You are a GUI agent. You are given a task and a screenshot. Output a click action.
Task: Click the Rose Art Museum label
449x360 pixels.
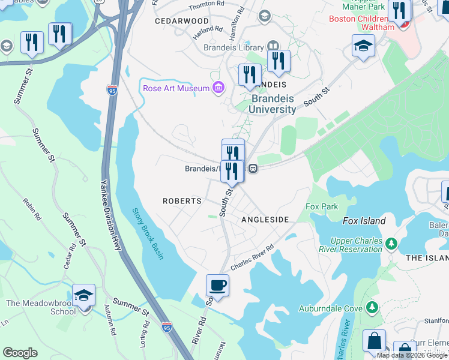[176, 89]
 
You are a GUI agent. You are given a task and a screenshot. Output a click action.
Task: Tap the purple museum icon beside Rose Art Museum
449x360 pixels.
[218, 89]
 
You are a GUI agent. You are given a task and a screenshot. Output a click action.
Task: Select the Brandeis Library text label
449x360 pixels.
[234, 47]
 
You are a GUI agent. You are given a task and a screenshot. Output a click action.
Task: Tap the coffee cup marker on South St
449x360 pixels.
[217, 285]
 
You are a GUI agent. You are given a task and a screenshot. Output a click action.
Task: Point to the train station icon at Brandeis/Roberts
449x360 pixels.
[254, 169]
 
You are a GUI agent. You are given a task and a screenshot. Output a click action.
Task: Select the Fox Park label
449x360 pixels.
[322, 206]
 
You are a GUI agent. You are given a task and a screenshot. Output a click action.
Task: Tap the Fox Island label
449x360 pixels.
[364, 221]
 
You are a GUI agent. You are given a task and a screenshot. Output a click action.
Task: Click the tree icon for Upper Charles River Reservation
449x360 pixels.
[391, 244]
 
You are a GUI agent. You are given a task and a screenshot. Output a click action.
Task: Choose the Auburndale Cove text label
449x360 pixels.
[331, 309]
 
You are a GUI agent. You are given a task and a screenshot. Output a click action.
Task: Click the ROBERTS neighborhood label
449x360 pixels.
[182, 201]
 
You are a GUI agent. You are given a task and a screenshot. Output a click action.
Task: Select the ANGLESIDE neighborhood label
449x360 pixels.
[265, 220]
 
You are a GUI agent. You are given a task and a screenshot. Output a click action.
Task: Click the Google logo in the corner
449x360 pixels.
[20, 353]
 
